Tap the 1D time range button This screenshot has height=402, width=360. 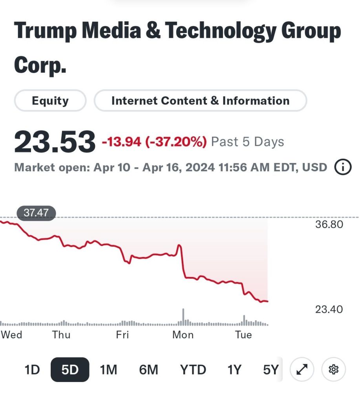tap(32, 370)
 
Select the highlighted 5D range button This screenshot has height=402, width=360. tap(70, 370)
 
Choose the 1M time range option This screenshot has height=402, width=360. tap(108, 370)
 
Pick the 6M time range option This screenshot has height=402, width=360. tap(148, 370)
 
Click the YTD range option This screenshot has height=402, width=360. tap(193, 370)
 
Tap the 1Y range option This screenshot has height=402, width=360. tap(234, 370)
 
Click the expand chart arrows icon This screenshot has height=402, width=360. tap(302, 370)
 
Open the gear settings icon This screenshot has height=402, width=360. tap(334, 370)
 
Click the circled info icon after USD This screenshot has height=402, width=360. tap(342, 167)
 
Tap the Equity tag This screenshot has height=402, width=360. tap(50, 101)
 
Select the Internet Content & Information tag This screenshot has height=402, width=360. tap(200, 101)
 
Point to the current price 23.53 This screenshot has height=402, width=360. tap(55, 142)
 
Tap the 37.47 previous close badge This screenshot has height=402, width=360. tap(36, 213)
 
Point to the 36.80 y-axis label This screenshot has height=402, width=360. tap(329, 224)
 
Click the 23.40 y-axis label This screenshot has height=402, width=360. tap(329, 309)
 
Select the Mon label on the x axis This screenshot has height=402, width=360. tap(183, 335)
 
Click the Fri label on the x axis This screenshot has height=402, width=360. tap(122, 335)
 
